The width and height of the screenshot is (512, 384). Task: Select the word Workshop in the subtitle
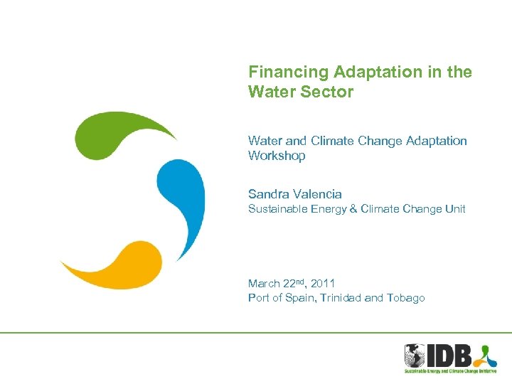277,156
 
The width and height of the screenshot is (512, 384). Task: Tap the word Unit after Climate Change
454,209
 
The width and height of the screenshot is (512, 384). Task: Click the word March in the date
264,284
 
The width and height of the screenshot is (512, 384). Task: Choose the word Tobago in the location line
405,298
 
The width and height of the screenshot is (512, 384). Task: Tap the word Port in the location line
258,298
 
